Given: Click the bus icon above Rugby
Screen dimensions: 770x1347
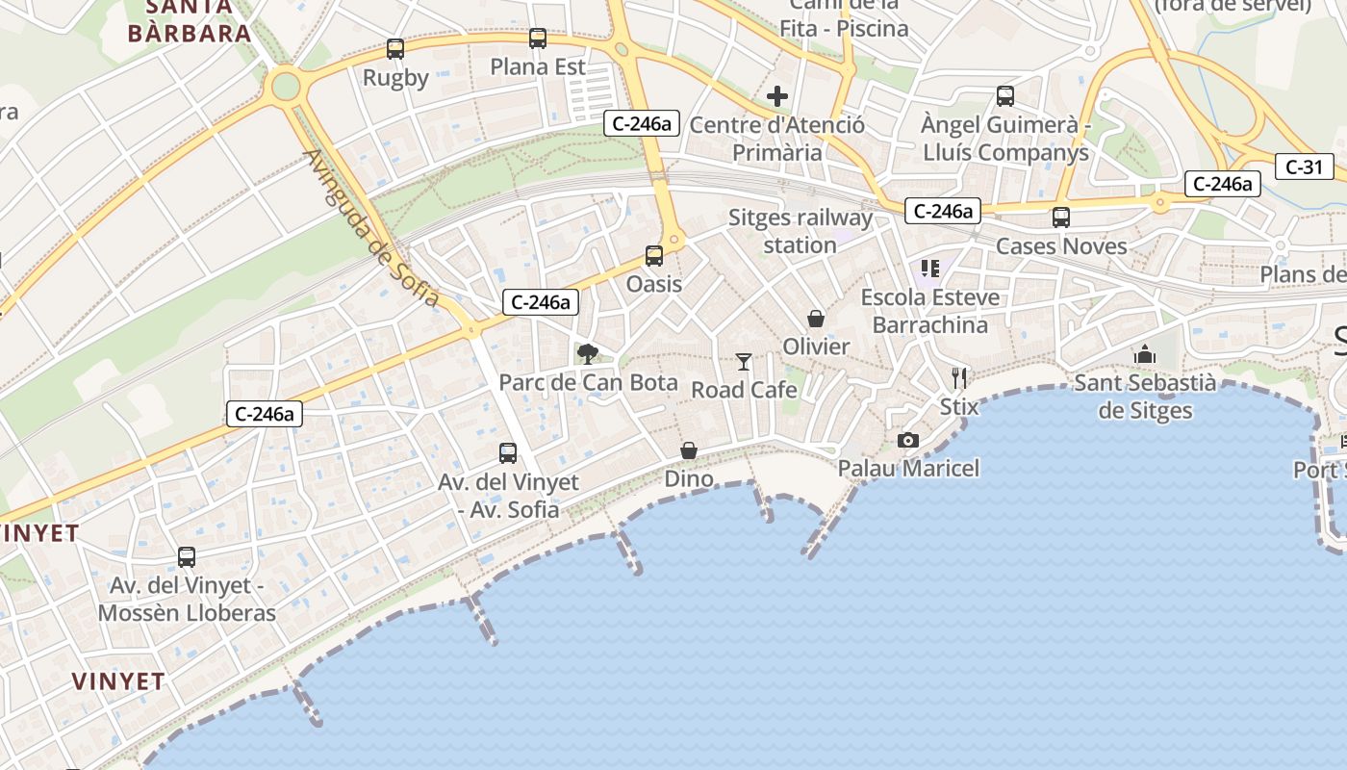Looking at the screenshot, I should click(x=395, y=48).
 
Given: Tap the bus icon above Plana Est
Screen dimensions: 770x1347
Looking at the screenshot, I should click(x=538, y=38).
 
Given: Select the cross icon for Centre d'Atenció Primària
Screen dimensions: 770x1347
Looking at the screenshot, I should click(x=777, y=96).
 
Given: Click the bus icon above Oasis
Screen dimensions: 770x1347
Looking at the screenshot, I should click(x=654, y=255).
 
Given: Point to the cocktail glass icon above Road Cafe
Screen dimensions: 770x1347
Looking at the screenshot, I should click(x=744, y=361).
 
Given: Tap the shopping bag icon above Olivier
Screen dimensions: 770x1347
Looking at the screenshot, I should click(x=816, y=319).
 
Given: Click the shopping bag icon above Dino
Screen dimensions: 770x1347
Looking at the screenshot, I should click(x=689, y=450).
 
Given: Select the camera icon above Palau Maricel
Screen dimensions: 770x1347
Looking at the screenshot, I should click(x=907, y=440).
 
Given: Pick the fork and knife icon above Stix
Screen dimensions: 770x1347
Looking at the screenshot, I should click(x=958, y=377).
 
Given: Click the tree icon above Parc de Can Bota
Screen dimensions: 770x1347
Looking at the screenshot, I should click(x=588, y=353).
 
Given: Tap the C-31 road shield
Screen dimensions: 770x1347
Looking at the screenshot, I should click(x=1304, y=167).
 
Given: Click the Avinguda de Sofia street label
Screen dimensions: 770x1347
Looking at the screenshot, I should click(x=370, y=228).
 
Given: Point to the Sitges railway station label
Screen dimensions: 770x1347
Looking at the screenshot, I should click(x=801, y=231).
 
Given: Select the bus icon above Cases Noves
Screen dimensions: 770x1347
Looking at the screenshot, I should click(x=1061, y=218).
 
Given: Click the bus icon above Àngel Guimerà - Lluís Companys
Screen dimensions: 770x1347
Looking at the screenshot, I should click(x=1005, y=96).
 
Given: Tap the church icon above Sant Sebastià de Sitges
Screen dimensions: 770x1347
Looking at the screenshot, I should click(x=1144, y=354).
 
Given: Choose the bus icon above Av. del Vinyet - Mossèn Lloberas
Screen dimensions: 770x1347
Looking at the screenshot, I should click(x=187, y=556).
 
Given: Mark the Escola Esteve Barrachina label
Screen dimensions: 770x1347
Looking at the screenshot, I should click(x=929, y=311).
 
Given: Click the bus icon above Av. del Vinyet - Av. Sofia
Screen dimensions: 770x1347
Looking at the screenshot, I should click(x=508, y=452).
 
